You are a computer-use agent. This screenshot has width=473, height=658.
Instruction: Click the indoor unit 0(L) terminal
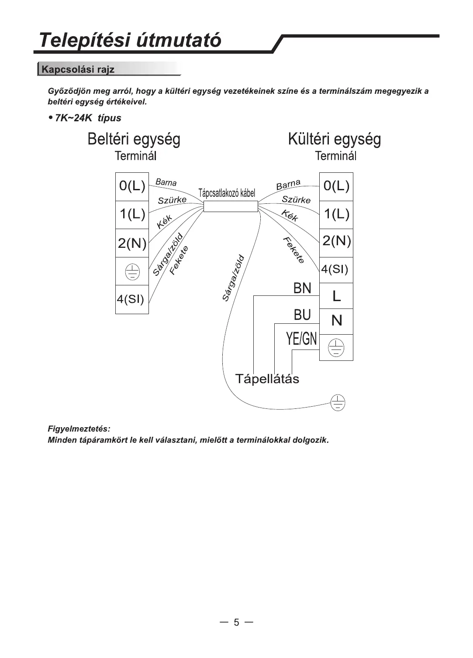click(132, 186)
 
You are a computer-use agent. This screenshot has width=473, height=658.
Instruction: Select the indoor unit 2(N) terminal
click(132, 243)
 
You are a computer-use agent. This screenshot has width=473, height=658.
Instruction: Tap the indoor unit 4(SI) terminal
click(131, 299)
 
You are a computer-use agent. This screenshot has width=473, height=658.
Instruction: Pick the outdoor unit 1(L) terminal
click(336, 214)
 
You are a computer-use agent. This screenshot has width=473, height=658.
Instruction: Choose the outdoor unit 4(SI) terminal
click(335, 269)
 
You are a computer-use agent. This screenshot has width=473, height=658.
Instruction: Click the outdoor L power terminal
click(336, 296)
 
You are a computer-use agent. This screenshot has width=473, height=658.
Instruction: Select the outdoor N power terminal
click(336, 321)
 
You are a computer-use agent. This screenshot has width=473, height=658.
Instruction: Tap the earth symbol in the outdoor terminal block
click(336, 348)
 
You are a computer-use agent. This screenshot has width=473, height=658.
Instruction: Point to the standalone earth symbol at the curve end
click(338, 402)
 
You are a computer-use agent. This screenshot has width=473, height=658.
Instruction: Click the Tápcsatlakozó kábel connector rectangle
click(231, 206)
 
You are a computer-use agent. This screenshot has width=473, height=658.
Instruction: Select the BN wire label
click(302, 288)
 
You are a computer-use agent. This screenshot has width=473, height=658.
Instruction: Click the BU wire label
click(302, 315)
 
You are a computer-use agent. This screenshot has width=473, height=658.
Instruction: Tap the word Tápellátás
click(267, 378)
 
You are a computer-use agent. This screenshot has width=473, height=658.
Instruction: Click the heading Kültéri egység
click(334, 139)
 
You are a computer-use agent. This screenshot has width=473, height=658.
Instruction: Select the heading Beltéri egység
click(134, 139)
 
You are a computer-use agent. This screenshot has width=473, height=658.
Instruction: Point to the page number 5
click(236, 622)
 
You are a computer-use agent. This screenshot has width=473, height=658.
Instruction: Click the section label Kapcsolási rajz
click(78, 69)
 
